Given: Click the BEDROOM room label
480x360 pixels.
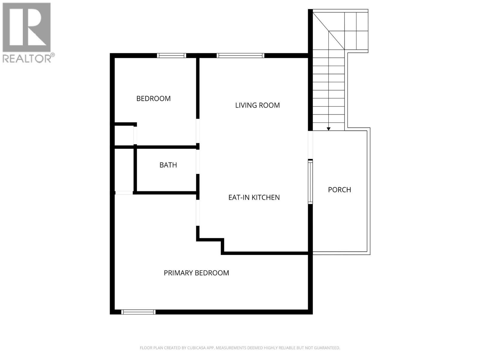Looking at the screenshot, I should tap(153, 98).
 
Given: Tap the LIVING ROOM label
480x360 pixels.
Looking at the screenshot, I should tap(257, 105).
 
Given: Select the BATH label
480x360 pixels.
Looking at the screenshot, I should tap(168, 165).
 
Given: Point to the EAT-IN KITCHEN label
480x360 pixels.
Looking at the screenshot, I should tap(254, 197).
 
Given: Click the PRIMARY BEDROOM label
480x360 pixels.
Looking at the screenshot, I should tap(196, 273).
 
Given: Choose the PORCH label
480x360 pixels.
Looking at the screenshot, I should tap(339, 190).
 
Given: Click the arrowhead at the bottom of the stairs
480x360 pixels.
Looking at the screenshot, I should tap(328, 129).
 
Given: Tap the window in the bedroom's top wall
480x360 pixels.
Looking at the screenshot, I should tap(172, 55).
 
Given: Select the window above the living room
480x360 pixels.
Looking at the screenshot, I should tap(240, 55).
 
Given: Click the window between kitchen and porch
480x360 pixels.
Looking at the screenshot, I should tap(310, 182).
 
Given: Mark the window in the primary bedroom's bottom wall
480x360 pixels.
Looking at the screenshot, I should tap(138, 312).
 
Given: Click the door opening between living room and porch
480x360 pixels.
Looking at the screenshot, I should tap(310, 145).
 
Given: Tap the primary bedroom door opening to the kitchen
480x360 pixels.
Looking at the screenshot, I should tap(198, 213).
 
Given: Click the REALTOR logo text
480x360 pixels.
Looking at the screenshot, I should tap(27, 58).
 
